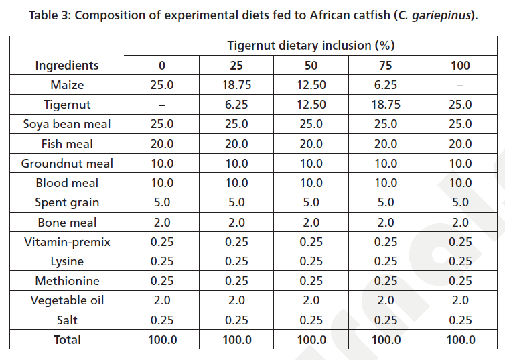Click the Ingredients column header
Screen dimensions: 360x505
coord(67,65)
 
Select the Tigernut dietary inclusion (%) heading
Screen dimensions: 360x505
coord(311,46)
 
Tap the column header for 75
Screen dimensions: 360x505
coord(386,65)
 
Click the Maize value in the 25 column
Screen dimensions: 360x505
coord(236,85)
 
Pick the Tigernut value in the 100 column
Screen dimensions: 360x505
coord(461,105)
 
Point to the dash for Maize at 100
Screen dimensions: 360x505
coord(461,85)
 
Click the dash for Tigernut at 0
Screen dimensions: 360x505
coord(161,105)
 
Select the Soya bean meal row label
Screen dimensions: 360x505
coord(67,124)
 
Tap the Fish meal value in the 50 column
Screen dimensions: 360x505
coord(311,143)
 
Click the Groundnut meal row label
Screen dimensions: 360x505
coord(67,163)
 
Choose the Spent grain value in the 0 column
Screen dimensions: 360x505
coord(161,202)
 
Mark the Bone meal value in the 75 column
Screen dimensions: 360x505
coord(386,222)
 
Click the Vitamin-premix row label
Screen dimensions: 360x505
coord(67,241)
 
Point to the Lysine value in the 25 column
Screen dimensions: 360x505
coord(236,261)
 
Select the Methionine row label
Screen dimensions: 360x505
coord(67,281)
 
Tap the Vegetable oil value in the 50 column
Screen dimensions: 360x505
coord(311,300)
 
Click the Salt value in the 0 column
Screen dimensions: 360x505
coord(161,320)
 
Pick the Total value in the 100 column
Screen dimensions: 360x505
coord(461,340)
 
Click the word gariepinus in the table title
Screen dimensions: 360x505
coord(443,15)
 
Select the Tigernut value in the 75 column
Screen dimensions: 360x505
coord(386,105)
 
